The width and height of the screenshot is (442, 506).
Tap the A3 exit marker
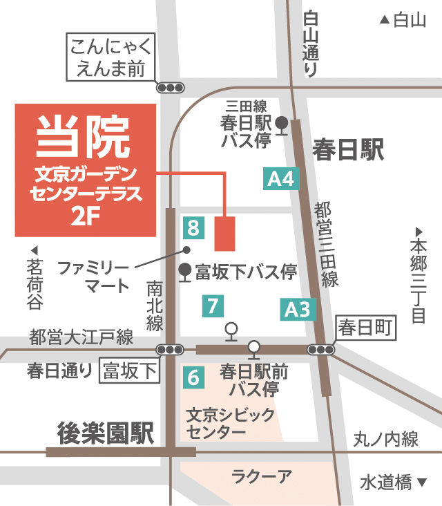point(300,309)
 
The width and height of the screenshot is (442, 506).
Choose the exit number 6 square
point(193,377)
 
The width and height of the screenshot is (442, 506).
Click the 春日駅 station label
point(347,149)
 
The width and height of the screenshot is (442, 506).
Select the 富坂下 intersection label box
point(130,371)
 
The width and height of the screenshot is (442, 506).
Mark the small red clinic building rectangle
point(225,234)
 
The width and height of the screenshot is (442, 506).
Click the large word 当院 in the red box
point(84,136)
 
